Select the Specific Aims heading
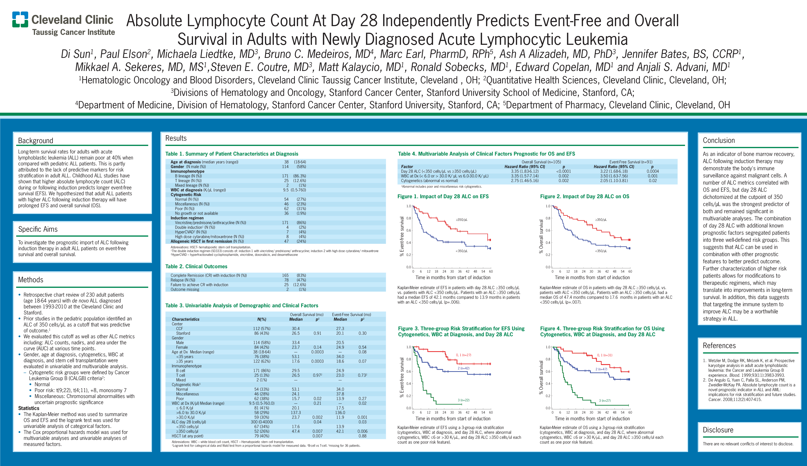(38, 229)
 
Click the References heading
(719, 346)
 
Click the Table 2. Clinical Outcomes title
(196, 266)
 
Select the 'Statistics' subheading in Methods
(28, 408)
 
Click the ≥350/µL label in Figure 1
(462, 220)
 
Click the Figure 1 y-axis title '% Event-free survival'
(402, 236)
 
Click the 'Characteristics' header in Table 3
(185, 319)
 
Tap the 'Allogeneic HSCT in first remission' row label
(201, 241)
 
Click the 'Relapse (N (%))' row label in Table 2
(183, 280)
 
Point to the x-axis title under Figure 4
(592, 419)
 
